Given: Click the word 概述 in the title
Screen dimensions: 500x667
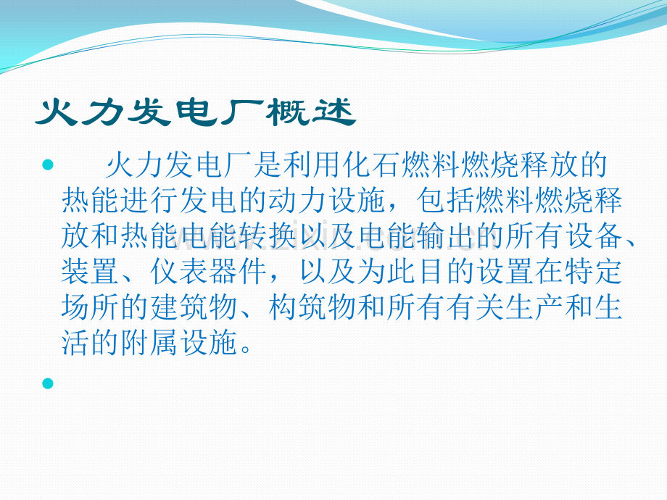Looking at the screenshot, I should pyautogui.click(x=312, y=113).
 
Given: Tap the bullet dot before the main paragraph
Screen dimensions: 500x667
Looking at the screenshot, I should pyautogui.click(x=49, y=167).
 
